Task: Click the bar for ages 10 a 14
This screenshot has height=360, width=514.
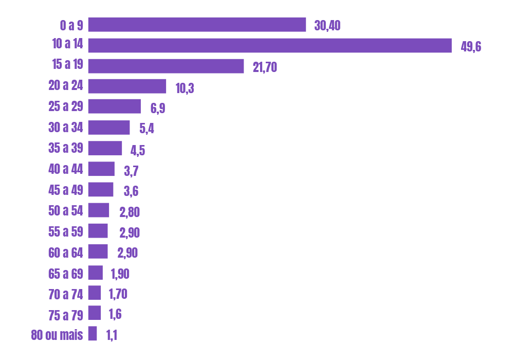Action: coord(270,45)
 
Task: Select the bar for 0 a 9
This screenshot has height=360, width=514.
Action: coord(197,25)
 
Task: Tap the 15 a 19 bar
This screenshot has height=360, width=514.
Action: coord(166,66)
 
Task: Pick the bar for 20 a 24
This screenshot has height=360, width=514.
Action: coord(127,86)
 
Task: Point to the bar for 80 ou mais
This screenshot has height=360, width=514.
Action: coord(93,333)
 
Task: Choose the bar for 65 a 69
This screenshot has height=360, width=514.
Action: coord(95,272)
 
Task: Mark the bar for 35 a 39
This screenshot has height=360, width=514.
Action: coord(105,148)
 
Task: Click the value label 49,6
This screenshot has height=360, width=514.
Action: coord(471,47)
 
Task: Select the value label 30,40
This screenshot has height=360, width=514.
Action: coord(327,26)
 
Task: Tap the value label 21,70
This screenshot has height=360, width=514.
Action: coord(265,67)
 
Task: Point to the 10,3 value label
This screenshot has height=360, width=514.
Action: coord(185,88)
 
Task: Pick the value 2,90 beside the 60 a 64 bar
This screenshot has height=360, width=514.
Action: coord(127,253)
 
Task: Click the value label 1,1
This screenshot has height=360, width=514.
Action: coord(112,335)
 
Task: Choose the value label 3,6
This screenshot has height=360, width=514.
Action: coord(131,191)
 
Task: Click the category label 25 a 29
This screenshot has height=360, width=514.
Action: coord(66,106)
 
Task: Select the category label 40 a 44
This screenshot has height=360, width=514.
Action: coord(66,169)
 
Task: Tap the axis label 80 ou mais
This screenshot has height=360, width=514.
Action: coord(57,335)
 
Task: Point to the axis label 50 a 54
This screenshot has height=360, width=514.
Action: coord(66,210)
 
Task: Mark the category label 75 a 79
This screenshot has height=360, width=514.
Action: coord(66,315)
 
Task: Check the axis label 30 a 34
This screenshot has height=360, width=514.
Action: coord(66,127)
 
